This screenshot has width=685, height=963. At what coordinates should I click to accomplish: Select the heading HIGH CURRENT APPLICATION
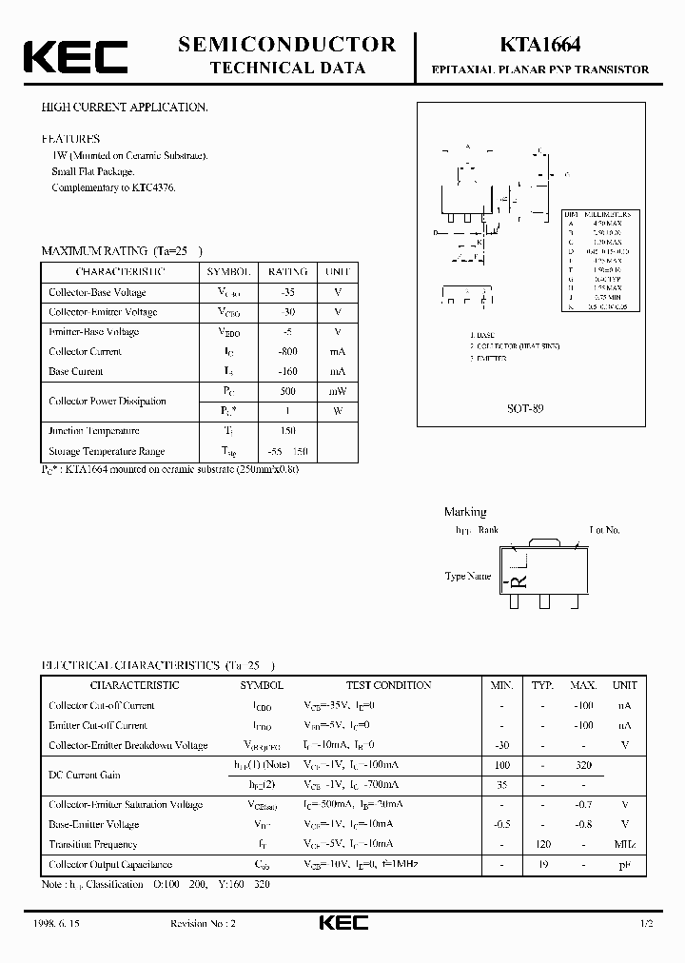[124, 108]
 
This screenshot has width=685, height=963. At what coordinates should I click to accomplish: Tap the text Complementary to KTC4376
[113, 187]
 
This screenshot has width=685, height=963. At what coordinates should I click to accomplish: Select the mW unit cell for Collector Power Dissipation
[337, 391]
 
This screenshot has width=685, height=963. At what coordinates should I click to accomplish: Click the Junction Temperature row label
[94, 431]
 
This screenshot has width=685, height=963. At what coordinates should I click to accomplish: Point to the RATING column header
[287, 271]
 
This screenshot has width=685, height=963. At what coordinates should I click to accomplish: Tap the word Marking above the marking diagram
[465, 512]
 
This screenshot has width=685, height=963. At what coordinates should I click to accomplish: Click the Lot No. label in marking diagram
[605, 529]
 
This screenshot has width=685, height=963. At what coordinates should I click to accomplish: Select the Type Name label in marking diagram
[468, 576]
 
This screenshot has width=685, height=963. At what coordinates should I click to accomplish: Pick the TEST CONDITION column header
[387, 685]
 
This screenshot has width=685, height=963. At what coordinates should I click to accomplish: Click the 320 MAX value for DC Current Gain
[583, 765]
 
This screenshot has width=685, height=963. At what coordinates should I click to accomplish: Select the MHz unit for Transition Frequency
[624, 844]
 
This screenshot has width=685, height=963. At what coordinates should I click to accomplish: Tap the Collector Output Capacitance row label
[110, 864]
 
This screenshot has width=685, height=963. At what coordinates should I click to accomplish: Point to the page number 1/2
[648, 924]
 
